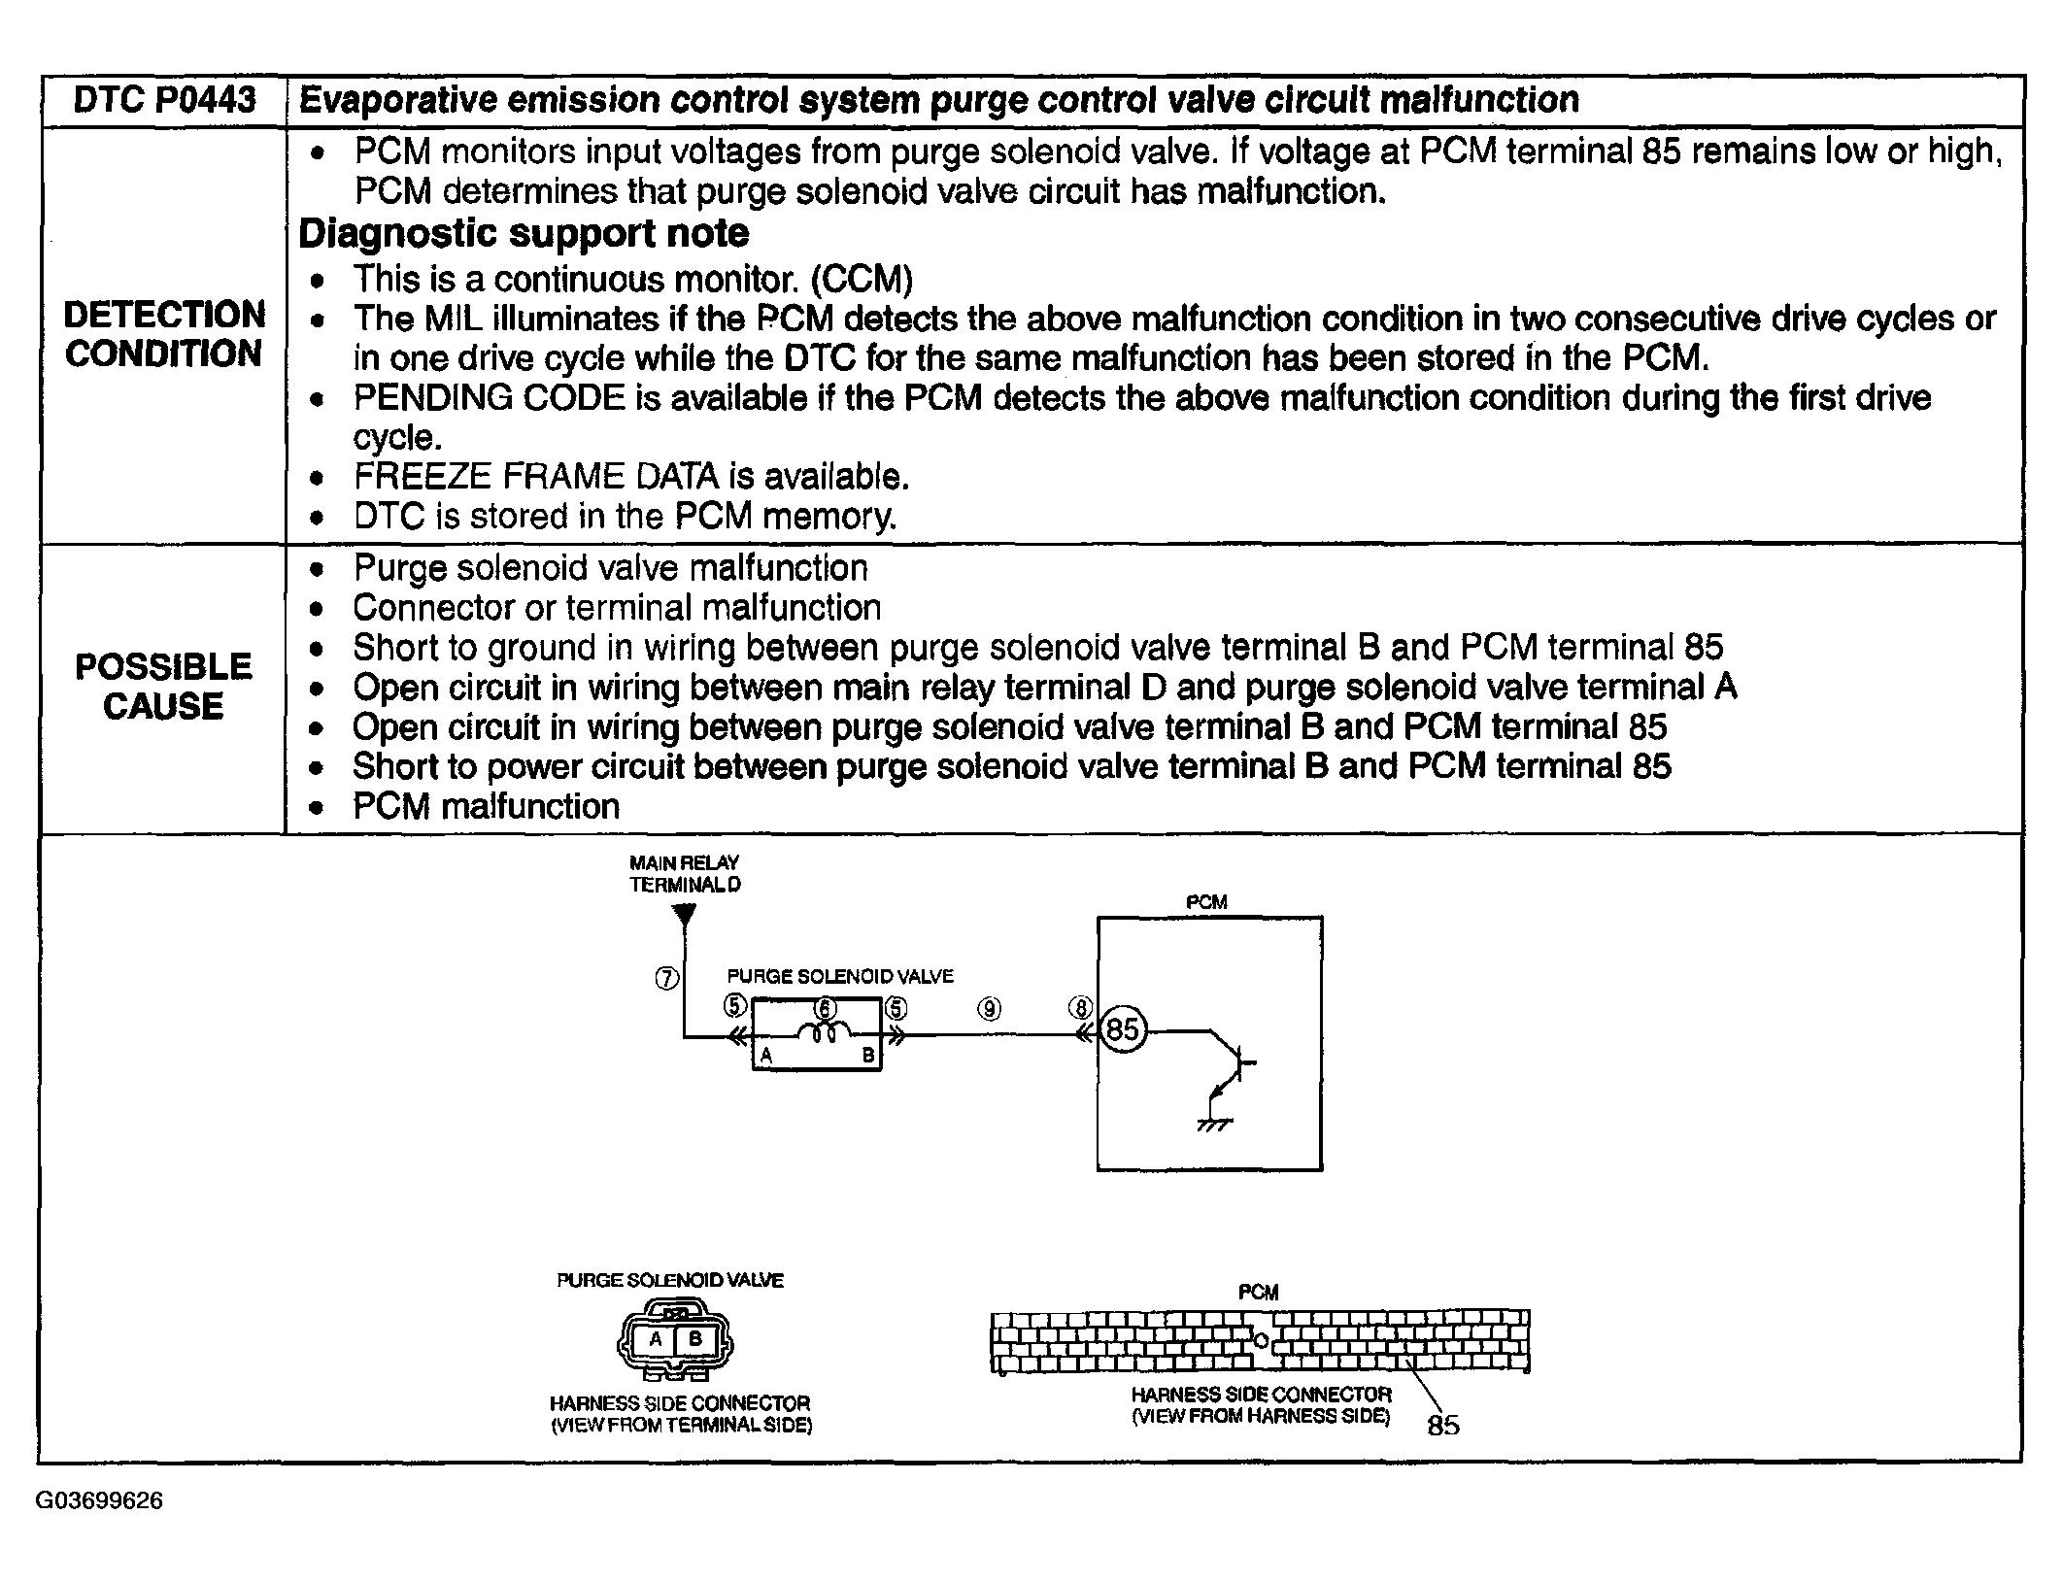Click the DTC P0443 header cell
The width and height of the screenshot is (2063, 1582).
click(x=164, y=100)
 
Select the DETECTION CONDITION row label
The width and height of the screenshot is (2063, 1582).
click(x=164, y=334)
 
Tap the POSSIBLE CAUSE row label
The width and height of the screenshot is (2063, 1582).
click(x=163, y=687)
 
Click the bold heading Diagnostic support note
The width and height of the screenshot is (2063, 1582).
click(x=524, y=233)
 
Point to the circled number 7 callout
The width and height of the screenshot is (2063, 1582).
click(x=667, y=979)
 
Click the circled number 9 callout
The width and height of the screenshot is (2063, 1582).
click(x=989, y=1009)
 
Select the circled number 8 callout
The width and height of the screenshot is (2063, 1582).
click(x=1080, y=1008)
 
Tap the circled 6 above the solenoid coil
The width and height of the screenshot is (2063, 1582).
click(x=826, y=1008)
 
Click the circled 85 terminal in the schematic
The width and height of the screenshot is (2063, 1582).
click(x=1123, y=1028)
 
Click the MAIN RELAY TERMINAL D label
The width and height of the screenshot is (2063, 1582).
click(x=685, y=873)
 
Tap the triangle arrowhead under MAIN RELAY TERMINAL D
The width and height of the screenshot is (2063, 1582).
click(x=685, y=914)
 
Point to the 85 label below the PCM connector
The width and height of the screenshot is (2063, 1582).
click(x=1443, y=1425)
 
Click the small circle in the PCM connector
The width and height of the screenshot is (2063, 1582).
click(x=1261, y=1341)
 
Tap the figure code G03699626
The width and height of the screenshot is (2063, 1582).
click(x=99, y=1500)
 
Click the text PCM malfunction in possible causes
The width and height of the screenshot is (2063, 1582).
click(x=486, y=806)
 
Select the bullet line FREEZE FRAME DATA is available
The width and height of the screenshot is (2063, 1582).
click(x=631, y=477)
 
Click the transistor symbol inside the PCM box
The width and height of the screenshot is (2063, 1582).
click(x=1234, y=1062)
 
